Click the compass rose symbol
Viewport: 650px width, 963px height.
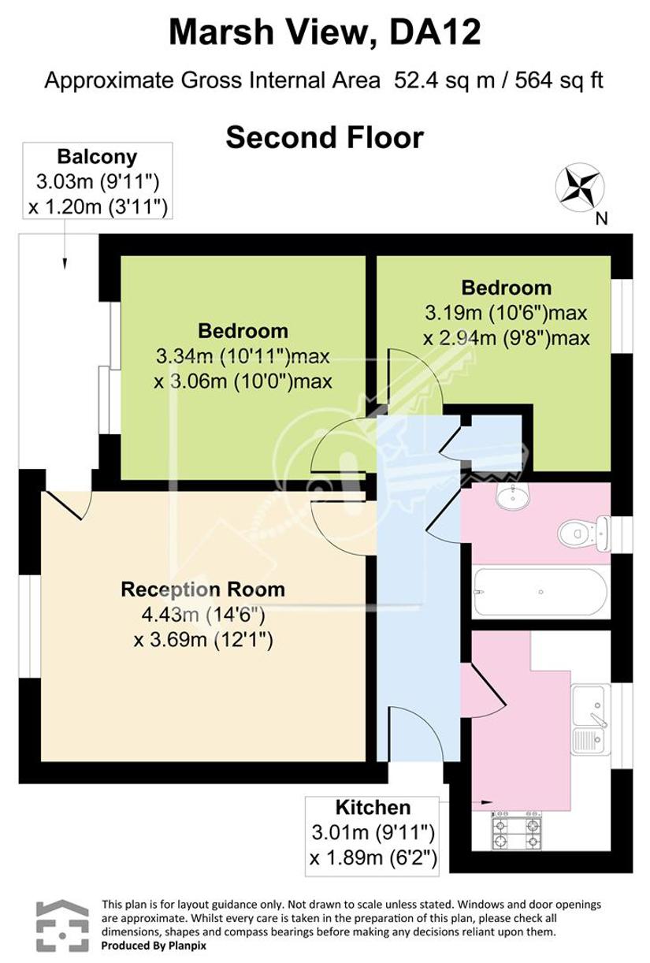[x=580, y=187]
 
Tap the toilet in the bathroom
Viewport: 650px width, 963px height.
[x=585, y=534]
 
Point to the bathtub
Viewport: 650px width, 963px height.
[x=540, y=592]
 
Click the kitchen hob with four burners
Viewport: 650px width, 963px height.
[x=516, y=831]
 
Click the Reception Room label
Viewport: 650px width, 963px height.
[x=203, y=589]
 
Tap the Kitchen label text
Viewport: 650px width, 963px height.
[x=373, y=808]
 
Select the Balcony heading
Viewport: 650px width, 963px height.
[x=97, y=157]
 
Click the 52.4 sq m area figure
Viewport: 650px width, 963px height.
[x=444, y=80]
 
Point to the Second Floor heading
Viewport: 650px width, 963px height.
[x=325, y=138]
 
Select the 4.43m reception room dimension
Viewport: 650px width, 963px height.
[x=170, y=615]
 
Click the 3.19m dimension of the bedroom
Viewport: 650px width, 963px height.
[x=453, y=313]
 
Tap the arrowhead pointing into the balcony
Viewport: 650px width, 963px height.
[x=65, y=263]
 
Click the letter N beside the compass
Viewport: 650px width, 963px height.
[x=601, y=219]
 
